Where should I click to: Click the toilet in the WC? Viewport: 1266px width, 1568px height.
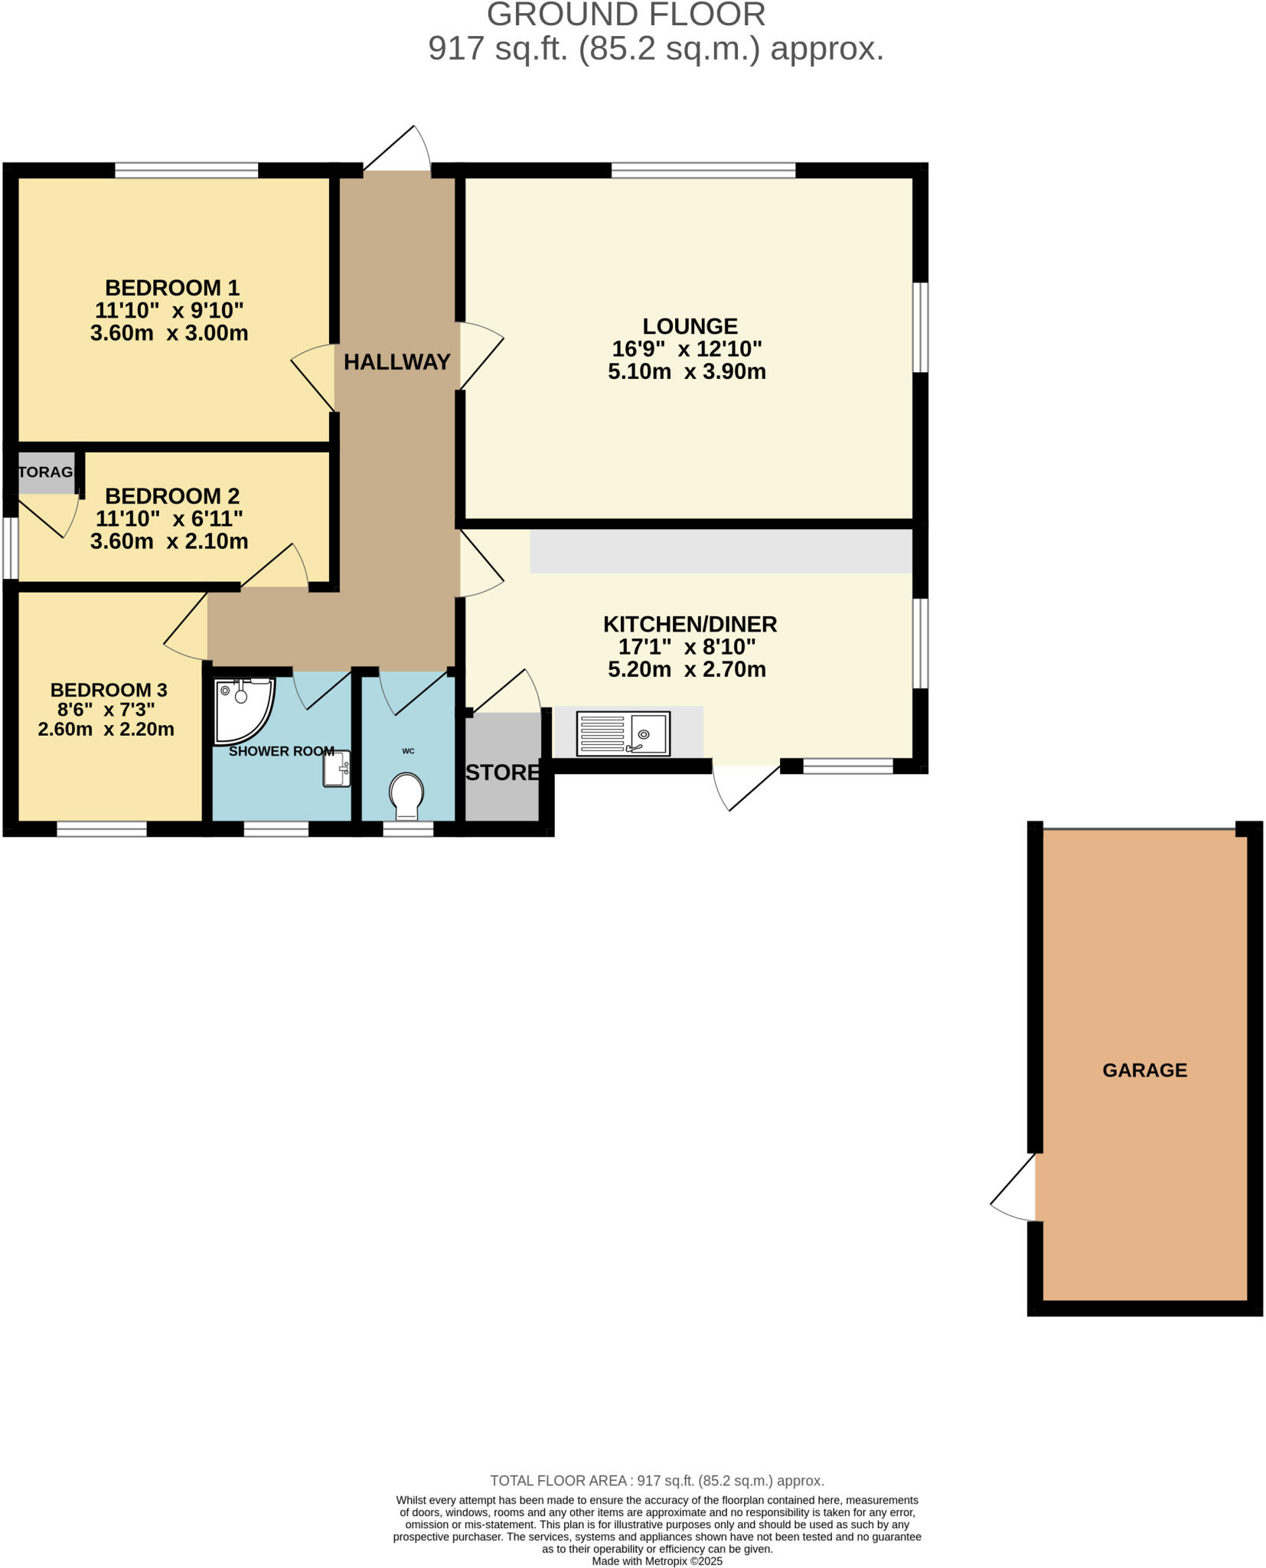point(406,794)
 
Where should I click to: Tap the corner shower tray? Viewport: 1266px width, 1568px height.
point(240,708)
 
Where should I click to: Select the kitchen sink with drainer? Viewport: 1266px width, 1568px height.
point(622,733)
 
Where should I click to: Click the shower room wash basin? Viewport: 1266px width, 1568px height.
point(336,768)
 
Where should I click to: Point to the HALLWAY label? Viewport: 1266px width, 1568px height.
point(396,362)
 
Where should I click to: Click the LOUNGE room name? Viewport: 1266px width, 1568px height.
point(689,326)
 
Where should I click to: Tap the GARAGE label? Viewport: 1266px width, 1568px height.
point(1144,1070)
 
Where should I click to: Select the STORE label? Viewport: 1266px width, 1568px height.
point(503,773)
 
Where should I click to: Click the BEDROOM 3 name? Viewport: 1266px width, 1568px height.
point(109,690)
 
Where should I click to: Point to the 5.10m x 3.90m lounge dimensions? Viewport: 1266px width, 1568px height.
point(687,372)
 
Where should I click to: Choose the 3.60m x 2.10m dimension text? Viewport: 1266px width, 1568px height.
point(169,541)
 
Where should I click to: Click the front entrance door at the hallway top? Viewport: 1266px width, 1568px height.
point(398,149)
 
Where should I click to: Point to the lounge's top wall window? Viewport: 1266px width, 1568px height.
point(703,170)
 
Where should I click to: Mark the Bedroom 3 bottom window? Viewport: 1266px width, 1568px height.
point(101,829)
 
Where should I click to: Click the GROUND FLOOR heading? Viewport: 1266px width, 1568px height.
point(625,15)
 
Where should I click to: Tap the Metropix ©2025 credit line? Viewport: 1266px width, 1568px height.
point(656,1561)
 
